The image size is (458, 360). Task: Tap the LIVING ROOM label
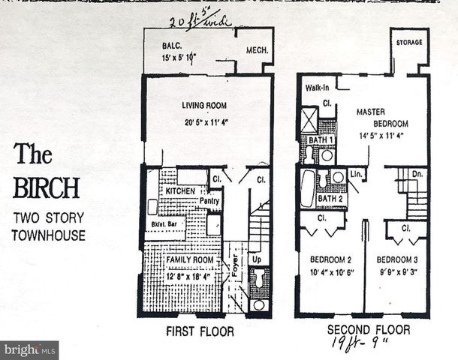203,106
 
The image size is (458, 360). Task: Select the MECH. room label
257,50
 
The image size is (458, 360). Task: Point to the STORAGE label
409,43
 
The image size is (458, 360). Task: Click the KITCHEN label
179,192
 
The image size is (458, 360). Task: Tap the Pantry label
209,200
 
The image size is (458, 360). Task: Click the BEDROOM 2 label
330,260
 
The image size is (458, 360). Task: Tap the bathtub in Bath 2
308,188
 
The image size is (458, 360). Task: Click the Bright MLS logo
30,350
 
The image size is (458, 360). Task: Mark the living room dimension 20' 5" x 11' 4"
203,123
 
